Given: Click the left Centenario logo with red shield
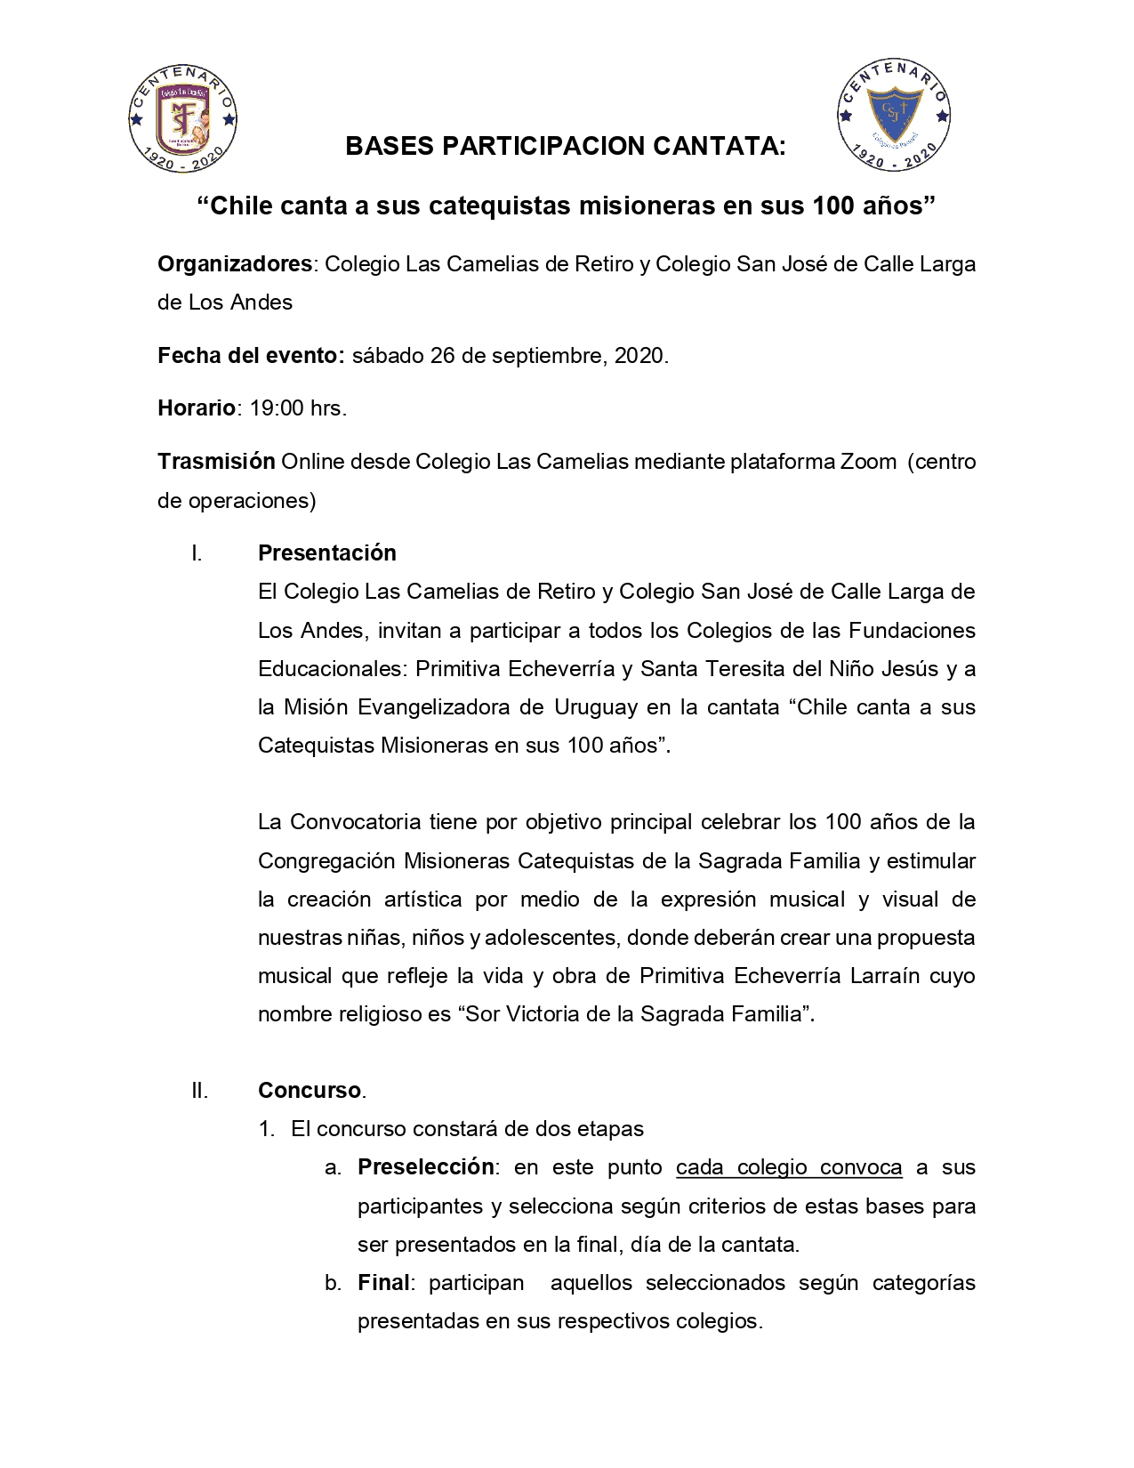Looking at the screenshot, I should pos(183,117).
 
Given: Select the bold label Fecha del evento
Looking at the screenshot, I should pos(251,356).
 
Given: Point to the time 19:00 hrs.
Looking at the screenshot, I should pos(298,408).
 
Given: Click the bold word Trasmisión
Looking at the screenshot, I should pos(216,462).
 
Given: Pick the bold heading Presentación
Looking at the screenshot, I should pos(327,553).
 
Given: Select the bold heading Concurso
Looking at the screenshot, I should pos(310,1090).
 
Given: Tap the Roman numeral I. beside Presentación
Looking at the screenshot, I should pos(197,553).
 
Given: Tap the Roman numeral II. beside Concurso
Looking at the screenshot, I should pos(199,1090).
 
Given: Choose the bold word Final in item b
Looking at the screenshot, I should pos(383,1283).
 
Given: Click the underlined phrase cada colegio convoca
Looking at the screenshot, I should pos(789,1167).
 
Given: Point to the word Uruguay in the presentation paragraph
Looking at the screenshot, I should pos(597,707).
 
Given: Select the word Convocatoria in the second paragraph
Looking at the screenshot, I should pos(356,822).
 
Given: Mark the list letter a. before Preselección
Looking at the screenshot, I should pos(333,1167).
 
